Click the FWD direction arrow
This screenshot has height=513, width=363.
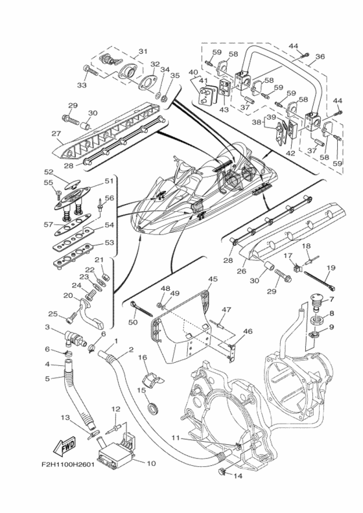tap(64, 446)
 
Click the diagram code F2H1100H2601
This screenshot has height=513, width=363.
tap(68, 464)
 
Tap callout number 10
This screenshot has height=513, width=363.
tap(151, 463)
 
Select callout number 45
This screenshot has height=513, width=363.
tap(213, 279)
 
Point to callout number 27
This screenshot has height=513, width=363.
tap(56, 133)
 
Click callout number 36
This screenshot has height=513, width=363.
tap(320, 56)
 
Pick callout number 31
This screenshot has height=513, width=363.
tap(143, 51)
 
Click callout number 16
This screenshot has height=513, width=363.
tap(143, 357)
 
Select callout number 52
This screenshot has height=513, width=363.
tap(49, 172)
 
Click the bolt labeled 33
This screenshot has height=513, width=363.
tap(91, 70)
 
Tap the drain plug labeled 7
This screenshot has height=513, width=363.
tap(316, 303)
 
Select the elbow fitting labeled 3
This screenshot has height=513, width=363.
tap(76, 338)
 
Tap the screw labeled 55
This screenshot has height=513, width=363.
tap(58, 194)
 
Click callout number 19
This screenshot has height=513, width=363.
tap(331, 268)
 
